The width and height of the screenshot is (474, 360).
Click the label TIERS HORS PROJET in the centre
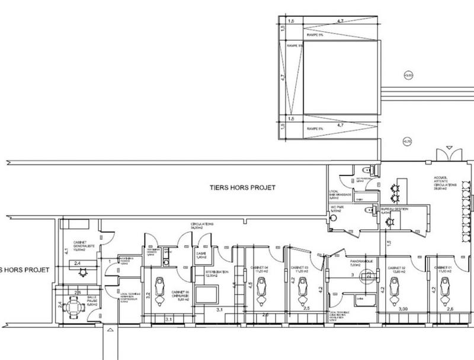click(243, 188)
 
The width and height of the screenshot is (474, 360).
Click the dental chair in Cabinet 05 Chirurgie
click(159, 287)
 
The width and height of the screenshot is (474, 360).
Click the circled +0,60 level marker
click(406, 75)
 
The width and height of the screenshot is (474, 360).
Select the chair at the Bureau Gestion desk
click(389, 223)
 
